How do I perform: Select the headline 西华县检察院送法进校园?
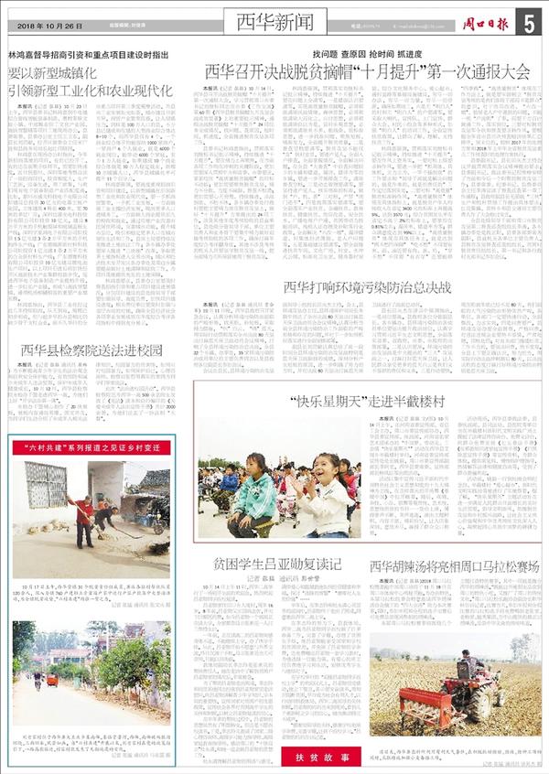(x=91, y=349)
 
